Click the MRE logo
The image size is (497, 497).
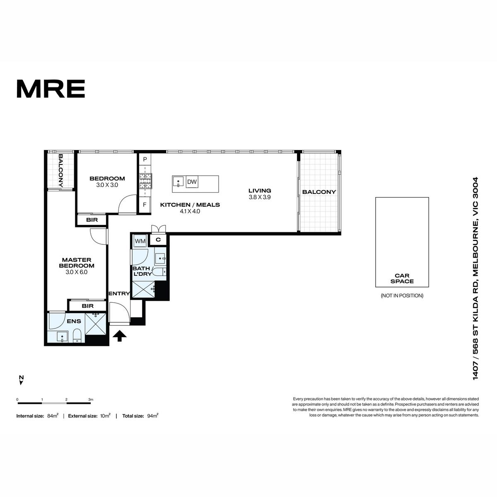pyautogui.click(x=51, y=89)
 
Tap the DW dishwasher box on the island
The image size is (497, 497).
pyautogui.click(x=192, y=182)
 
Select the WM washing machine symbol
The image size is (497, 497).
pyautogui.click(x=140, y=241)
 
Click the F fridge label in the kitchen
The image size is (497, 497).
pyautogui.click(x=145, y=205)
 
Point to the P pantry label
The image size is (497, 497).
pyautogui.click(x=145, y=159)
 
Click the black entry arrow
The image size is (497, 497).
pyautogui.click(x=120, y=336)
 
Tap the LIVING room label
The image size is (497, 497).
pyautogui.click(x=260, y=191)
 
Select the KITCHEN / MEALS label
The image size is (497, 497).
pyautogui.click(x=190, y=205)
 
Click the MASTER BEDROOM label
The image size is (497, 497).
pyautogui.click(x=77, y=263)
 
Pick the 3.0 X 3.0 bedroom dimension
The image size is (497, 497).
pyautogui.click(x=107, y=185)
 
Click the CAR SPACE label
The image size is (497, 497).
pyautogui.click(x=402, y=279)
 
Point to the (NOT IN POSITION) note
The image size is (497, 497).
pyautogui.click(x=402, y=296)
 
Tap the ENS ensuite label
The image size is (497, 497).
pyautogui.click(x=74, y=321)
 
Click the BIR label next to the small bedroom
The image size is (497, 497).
pyautogui.click(x=92, y=220)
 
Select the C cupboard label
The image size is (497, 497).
pyautogui.click(x=158, y=240)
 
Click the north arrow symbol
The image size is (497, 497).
pyautogui.click(x=22, y=381)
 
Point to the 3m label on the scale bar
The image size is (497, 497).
pyautogui.click(x=91, y=400)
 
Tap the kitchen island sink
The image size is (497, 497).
pyautogui.click(x=178, y=181)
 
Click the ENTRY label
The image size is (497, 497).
pyautogui.click(x=119, y=294)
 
